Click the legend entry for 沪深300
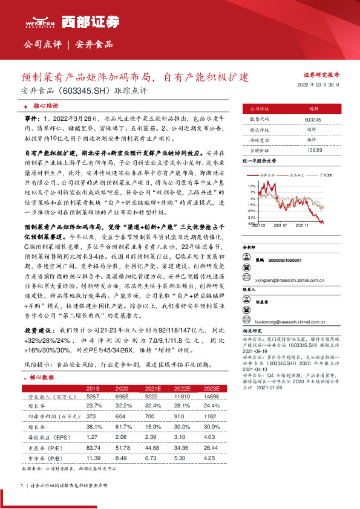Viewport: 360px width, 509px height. tap(327, 174)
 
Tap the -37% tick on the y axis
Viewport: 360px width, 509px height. tap(251, 216)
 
